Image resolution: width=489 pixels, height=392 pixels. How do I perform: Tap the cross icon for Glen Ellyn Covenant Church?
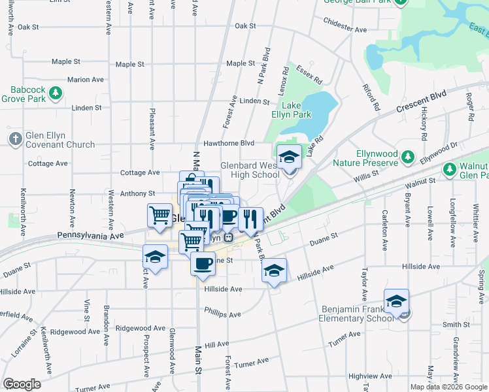[15, 139]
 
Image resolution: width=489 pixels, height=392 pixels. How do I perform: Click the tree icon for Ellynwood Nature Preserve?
[408, 157]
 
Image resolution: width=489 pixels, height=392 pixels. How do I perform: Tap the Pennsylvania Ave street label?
[90, 235]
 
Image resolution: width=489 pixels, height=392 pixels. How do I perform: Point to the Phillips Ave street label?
[222, 313]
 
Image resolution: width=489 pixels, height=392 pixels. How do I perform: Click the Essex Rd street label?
[309, 76]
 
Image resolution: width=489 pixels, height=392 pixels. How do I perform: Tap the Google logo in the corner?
[22, 384]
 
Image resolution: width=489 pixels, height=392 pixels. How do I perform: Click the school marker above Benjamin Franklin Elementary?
[396, 302]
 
